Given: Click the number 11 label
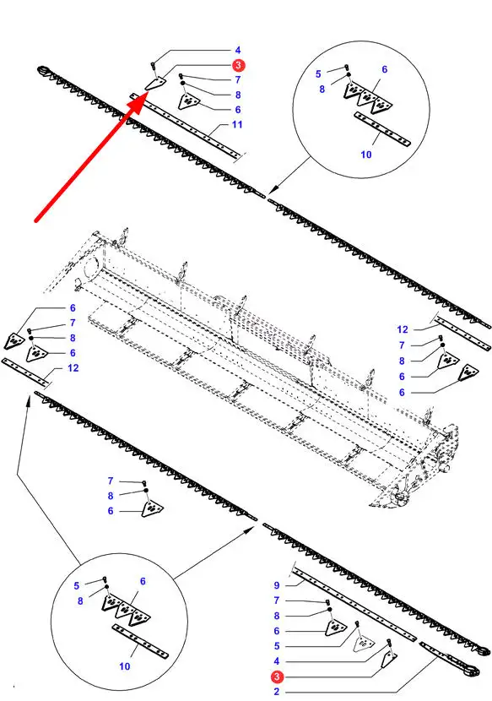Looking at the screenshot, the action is coord(237,124).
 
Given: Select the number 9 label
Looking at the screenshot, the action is coord(277,585).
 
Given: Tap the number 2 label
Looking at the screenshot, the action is coord(277,692).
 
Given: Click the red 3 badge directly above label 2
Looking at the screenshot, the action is coord(277,677).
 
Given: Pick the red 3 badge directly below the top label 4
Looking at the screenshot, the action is coord(238,65).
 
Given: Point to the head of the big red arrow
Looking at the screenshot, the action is coord(146,94).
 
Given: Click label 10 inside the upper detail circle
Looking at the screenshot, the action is coord(366,155).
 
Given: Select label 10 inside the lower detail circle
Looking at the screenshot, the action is coord(125,666).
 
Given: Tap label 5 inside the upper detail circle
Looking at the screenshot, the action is coord(318,73).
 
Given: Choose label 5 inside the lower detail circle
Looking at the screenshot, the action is coord(77,585).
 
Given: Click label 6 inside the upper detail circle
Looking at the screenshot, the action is coord(384,69).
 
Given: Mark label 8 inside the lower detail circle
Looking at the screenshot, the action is coord(80,600).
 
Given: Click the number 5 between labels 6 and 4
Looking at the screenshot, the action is coord(277,646).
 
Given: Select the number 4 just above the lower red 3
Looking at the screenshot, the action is coord(277,661).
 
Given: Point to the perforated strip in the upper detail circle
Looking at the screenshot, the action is coord(382,129).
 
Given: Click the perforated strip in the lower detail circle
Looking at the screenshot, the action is coord(140,642).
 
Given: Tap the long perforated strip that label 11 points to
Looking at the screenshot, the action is coord(187,125).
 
